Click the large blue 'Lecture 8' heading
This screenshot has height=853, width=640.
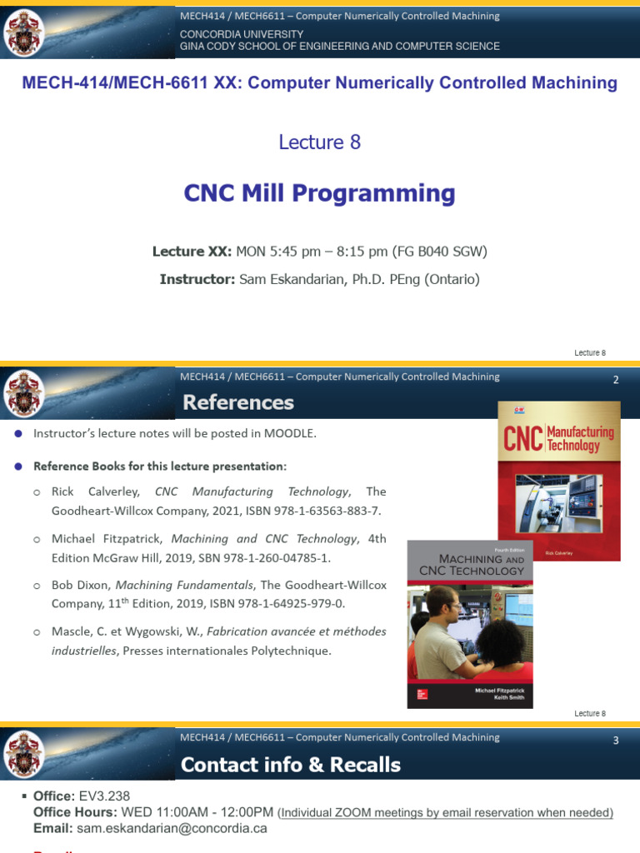click(x=319, y=142)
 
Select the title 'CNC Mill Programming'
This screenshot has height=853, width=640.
click(x=319, y=193)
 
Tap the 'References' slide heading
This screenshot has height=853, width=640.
click(x=238, y=403)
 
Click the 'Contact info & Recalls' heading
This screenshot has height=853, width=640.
click(x=290, y=765)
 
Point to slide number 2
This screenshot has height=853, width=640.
click(x=616, y=380)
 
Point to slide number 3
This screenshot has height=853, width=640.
click(x=616, y=741)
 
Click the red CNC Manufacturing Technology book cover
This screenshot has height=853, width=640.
click(x=558, y=481)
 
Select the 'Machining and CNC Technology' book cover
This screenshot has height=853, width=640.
click(x=471, y=624)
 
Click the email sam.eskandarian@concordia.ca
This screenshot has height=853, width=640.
click(x=172, y=828)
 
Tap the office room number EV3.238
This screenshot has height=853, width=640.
click(x=104, y=796)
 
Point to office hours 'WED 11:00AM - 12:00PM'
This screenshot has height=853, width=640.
click(x=197, y=812)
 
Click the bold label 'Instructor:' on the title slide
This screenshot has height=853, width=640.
click(x=197, y=280)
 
